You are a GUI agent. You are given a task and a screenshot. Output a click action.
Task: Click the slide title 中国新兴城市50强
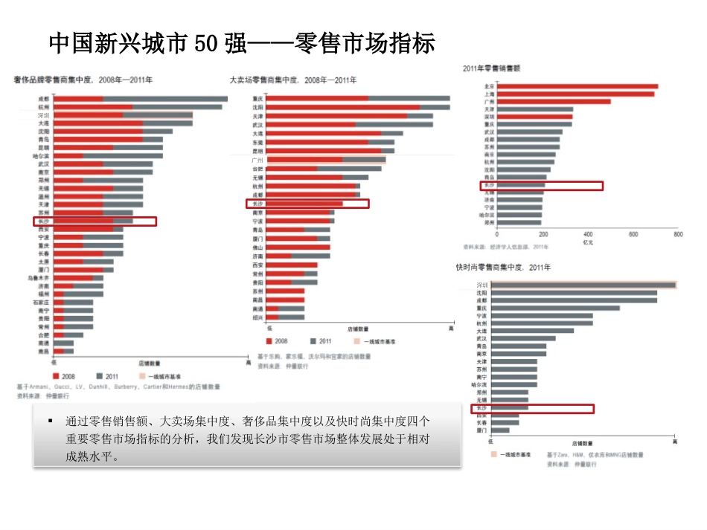[x=241, y=43]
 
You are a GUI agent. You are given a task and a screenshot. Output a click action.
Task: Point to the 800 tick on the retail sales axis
[x=677, y=234]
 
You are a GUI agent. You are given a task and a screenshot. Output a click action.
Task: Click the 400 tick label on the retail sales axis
[x=588, y=234]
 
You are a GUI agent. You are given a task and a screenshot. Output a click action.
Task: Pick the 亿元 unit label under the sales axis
[x=588, y=242]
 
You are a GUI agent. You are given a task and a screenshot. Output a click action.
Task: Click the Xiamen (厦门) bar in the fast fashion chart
[x=500, y=430]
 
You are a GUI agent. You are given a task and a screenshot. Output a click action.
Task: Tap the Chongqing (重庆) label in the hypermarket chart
[x=257, y=98]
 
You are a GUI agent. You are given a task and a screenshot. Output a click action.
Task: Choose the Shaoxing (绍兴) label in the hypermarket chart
[x=257, y=317]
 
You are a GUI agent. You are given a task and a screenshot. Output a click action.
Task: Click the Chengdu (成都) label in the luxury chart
[x=44, y=98]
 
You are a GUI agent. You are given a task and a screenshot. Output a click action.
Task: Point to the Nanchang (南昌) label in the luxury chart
[x=44, y=351]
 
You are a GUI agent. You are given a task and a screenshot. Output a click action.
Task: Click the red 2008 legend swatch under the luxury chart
[x=57, y=376]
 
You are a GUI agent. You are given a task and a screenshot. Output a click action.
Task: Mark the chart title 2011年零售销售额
[x=491, y=68]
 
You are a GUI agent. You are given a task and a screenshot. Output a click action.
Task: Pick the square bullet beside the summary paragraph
[x=51, y=421]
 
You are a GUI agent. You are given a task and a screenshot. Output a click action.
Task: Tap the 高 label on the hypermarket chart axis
[x=450, y=327]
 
